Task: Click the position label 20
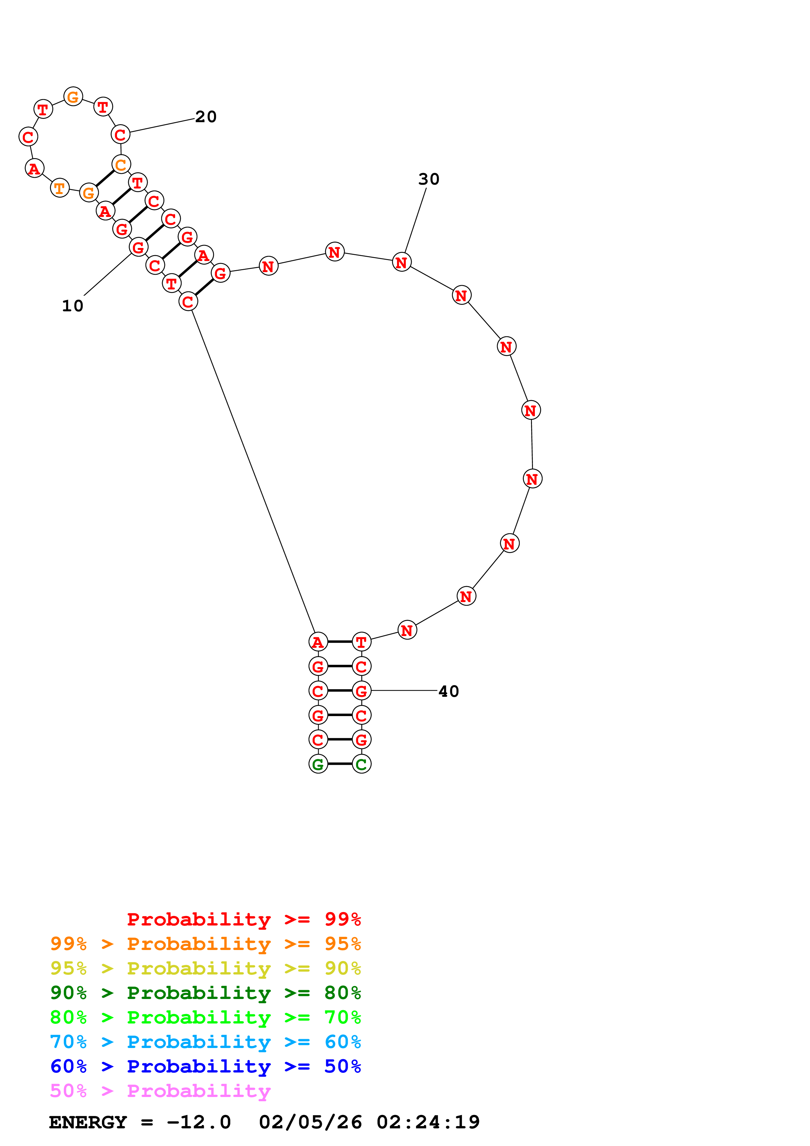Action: coord(206,117)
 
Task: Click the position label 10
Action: coord(72,306)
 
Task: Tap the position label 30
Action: coord(429,179)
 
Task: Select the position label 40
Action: coord(449,691)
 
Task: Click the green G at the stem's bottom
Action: coord(318,764)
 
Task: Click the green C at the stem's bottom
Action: coord(361,764)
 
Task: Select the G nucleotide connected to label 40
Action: coord(361,691)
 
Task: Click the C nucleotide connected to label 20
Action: coord(120,134)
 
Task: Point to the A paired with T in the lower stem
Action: coord(318,642)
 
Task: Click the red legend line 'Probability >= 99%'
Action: coord(243,919)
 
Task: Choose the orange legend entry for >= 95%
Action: coord(205,944)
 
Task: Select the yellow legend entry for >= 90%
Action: coord(205,968)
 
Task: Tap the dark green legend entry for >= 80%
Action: coord(205,993)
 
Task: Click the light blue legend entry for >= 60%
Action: coord(205,1042)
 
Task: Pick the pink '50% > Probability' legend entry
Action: coord(160,1090)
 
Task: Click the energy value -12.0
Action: coord(199,1122)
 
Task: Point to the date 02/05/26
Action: coord(310,1122)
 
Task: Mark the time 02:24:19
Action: coord(428,1122)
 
